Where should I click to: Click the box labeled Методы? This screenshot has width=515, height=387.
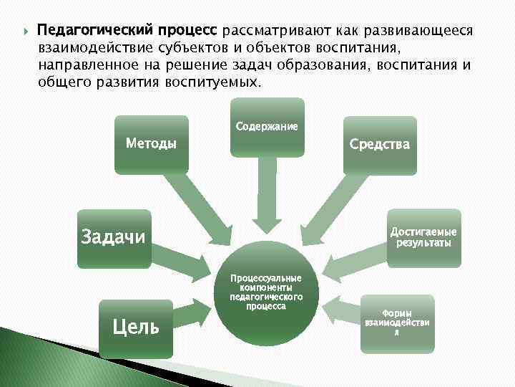[x=151, y=143]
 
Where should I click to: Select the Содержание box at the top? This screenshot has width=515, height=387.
[x=266, y=127]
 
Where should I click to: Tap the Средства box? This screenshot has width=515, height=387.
[x=379, y=145]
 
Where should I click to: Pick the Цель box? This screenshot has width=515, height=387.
[x=136, y=328]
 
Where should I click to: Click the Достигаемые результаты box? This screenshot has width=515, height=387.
[x=423, y=237]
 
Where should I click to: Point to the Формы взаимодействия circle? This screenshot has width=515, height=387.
[x=396, y=323]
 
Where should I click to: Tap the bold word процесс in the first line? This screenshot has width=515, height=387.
[x=190, y=32]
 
